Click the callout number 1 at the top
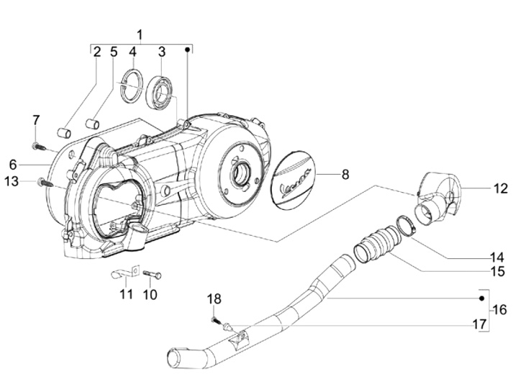coord(140,35)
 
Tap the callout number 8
coord(345,174)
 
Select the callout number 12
coord(500,188)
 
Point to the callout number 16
coord(500,310)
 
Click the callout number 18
coord(214,299)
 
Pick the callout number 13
coord(12,181)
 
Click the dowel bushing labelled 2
coord(64,133)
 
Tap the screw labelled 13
coord(45,182)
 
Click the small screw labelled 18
coord(214,319)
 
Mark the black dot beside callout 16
coord(481,298)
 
